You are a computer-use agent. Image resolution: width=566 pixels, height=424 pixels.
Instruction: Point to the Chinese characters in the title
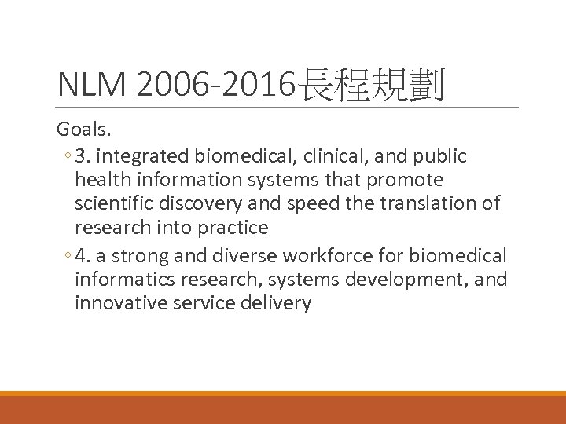(x=370, y=86)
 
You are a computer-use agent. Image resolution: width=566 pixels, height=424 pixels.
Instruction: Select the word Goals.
(x=84, y=130)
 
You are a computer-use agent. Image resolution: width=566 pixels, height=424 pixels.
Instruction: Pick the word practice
(x=233, y=228)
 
